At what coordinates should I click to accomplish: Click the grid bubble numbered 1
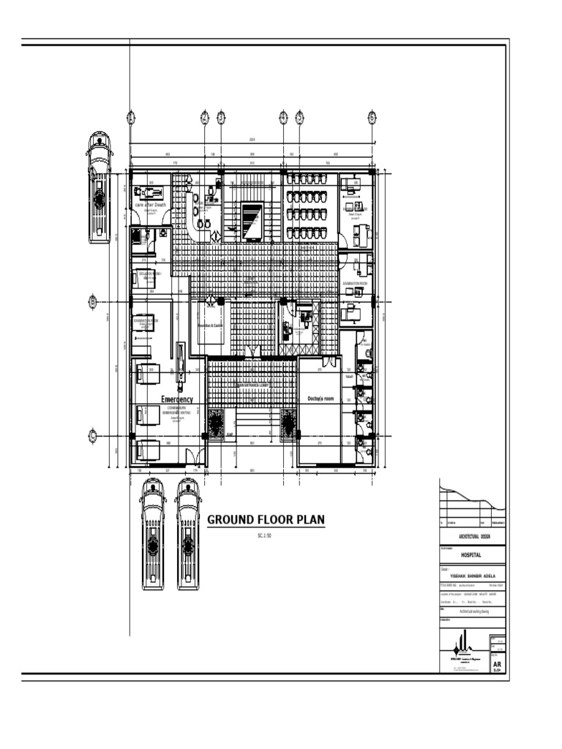(130, 117)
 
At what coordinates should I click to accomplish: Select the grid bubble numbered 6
(372, 117)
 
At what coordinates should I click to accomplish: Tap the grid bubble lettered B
(93, 301)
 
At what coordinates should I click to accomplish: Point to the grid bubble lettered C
(93, 436)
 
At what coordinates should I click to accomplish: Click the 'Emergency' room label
(177, 399)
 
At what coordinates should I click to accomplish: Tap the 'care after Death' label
(150, 205)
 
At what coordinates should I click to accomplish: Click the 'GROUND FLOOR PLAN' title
(266, 520)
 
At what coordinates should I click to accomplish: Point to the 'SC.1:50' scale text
(266, 536)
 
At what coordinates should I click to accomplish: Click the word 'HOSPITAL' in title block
(472, 555)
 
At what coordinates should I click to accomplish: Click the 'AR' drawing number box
(498, 663)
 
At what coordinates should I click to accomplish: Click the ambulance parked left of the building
(99, 187)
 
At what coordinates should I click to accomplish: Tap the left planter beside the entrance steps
(217, 423)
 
